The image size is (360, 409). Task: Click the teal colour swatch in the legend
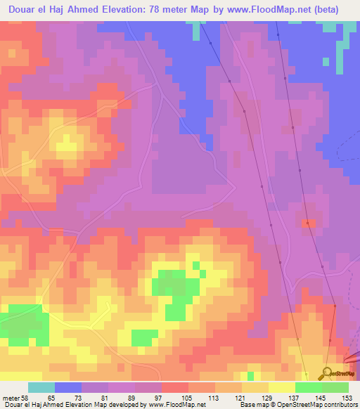click(x=41, y=387)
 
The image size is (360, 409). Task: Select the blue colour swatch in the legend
click(x=68, y=387)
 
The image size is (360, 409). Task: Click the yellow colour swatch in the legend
click(x=282, y=387)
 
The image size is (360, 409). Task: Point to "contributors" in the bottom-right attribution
click(x=341, y=405)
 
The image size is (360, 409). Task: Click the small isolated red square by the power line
click(x=307, y=223)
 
